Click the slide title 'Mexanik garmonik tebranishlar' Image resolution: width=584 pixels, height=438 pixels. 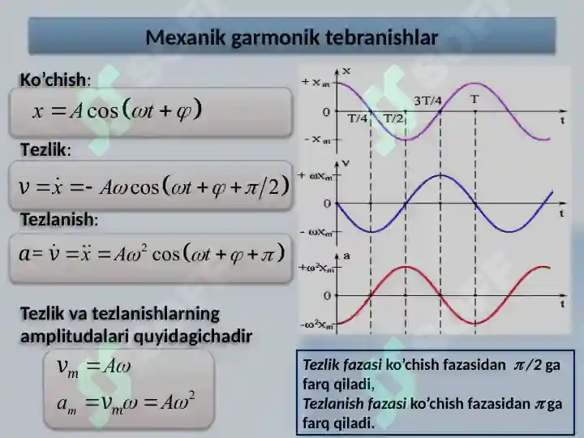point(292,37)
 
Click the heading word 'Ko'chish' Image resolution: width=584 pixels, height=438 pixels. point(54,79)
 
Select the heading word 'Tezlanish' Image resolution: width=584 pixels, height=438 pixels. point(58,219)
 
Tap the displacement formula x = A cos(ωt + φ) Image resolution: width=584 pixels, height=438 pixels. point(118,109)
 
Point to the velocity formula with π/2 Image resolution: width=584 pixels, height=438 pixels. point(154,187)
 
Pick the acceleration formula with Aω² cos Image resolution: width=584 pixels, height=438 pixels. point(152,254)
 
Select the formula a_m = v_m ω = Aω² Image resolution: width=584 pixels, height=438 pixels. point(126,402)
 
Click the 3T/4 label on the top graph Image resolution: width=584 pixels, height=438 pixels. point(428,101)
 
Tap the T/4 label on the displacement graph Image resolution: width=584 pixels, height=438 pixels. point(357,118)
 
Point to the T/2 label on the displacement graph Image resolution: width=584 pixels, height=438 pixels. point(393,118)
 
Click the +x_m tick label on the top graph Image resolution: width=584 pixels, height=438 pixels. point(316,82)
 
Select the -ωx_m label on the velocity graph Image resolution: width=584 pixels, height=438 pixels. point(316,233)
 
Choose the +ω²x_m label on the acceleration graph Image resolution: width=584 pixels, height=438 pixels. point(316,268)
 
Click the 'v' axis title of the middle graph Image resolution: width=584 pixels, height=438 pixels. point(346,163)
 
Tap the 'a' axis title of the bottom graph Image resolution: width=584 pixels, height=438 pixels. point(347,255)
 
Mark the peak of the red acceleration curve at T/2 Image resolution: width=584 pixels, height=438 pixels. point(406,267)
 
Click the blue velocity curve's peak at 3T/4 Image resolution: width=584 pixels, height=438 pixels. point(440,175)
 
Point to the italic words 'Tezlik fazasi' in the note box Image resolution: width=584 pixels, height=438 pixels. point(342,365)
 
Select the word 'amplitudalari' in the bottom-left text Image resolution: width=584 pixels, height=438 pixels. point(74,337)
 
